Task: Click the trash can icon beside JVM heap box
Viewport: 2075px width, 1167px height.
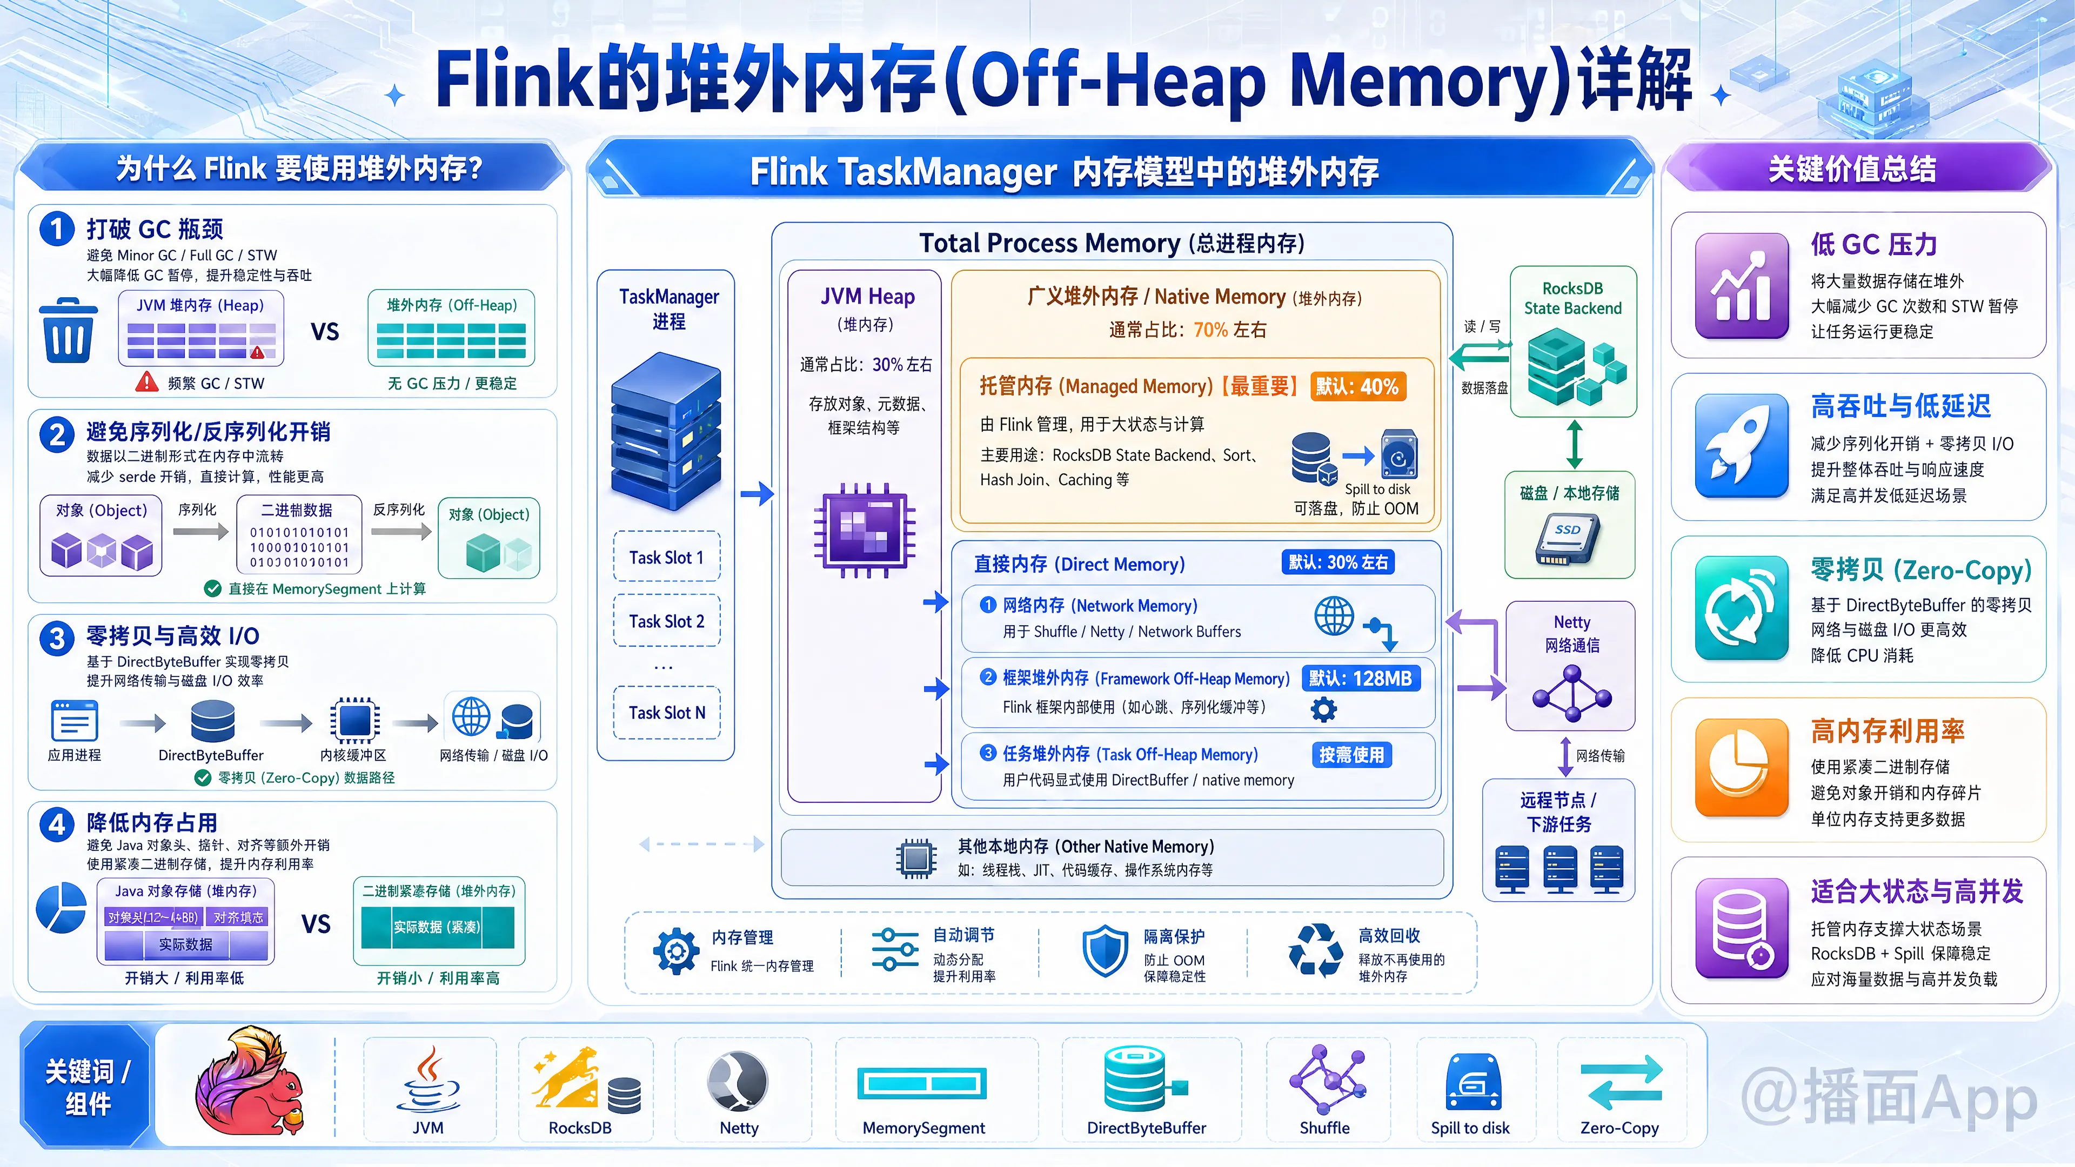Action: (x=68, y=331)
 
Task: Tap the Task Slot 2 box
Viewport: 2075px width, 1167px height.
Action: (x=666, y=621)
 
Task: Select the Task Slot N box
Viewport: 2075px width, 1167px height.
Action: (x=666, y=713)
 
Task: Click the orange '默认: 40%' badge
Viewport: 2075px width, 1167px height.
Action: (x=1358, y=387)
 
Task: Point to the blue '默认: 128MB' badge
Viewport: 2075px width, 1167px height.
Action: (x=1361, y=678)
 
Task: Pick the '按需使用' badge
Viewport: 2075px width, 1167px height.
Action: (x=1351, y=755)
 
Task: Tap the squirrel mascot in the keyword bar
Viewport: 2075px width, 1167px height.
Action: (x=250, y=1082)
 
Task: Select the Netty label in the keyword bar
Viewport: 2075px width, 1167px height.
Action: (x=739, y=1128)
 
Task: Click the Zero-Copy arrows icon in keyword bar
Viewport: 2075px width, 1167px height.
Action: (x=1621, y=1083)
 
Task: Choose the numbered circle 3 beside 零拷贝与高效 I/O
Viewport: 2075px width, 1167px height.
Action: (x=57, y=639)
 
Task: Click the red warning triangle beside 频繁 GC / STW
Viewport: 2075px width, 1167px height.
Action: (x=146, y=382)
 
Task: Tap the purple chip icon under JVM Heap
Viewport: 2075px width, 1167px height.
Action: (x=865, y=529)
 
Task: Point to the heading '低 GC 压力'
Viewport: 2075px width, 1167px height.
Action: (x=1873, y=244)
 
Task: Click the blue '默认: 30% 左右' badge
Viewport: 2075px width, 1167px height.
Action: (x=1338, y=562)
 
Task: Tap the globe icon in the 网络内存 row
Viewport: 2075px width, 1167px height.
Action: (x=1334, y=615)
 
